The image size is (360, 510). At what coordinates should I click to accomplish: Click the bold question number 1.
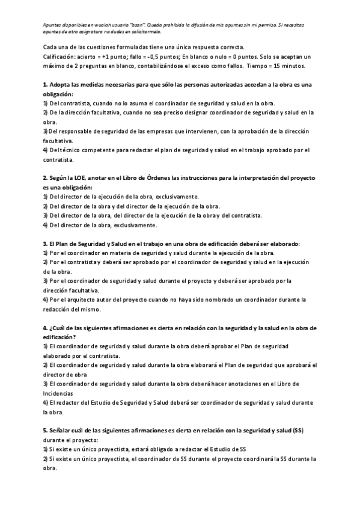click(x=45, y=84)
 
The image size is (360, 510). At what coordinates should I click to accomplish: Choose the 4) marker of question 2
click(x=46, y=225)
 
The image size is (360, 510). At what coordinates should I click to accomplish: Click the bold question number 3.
click(x=45, y=244)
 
